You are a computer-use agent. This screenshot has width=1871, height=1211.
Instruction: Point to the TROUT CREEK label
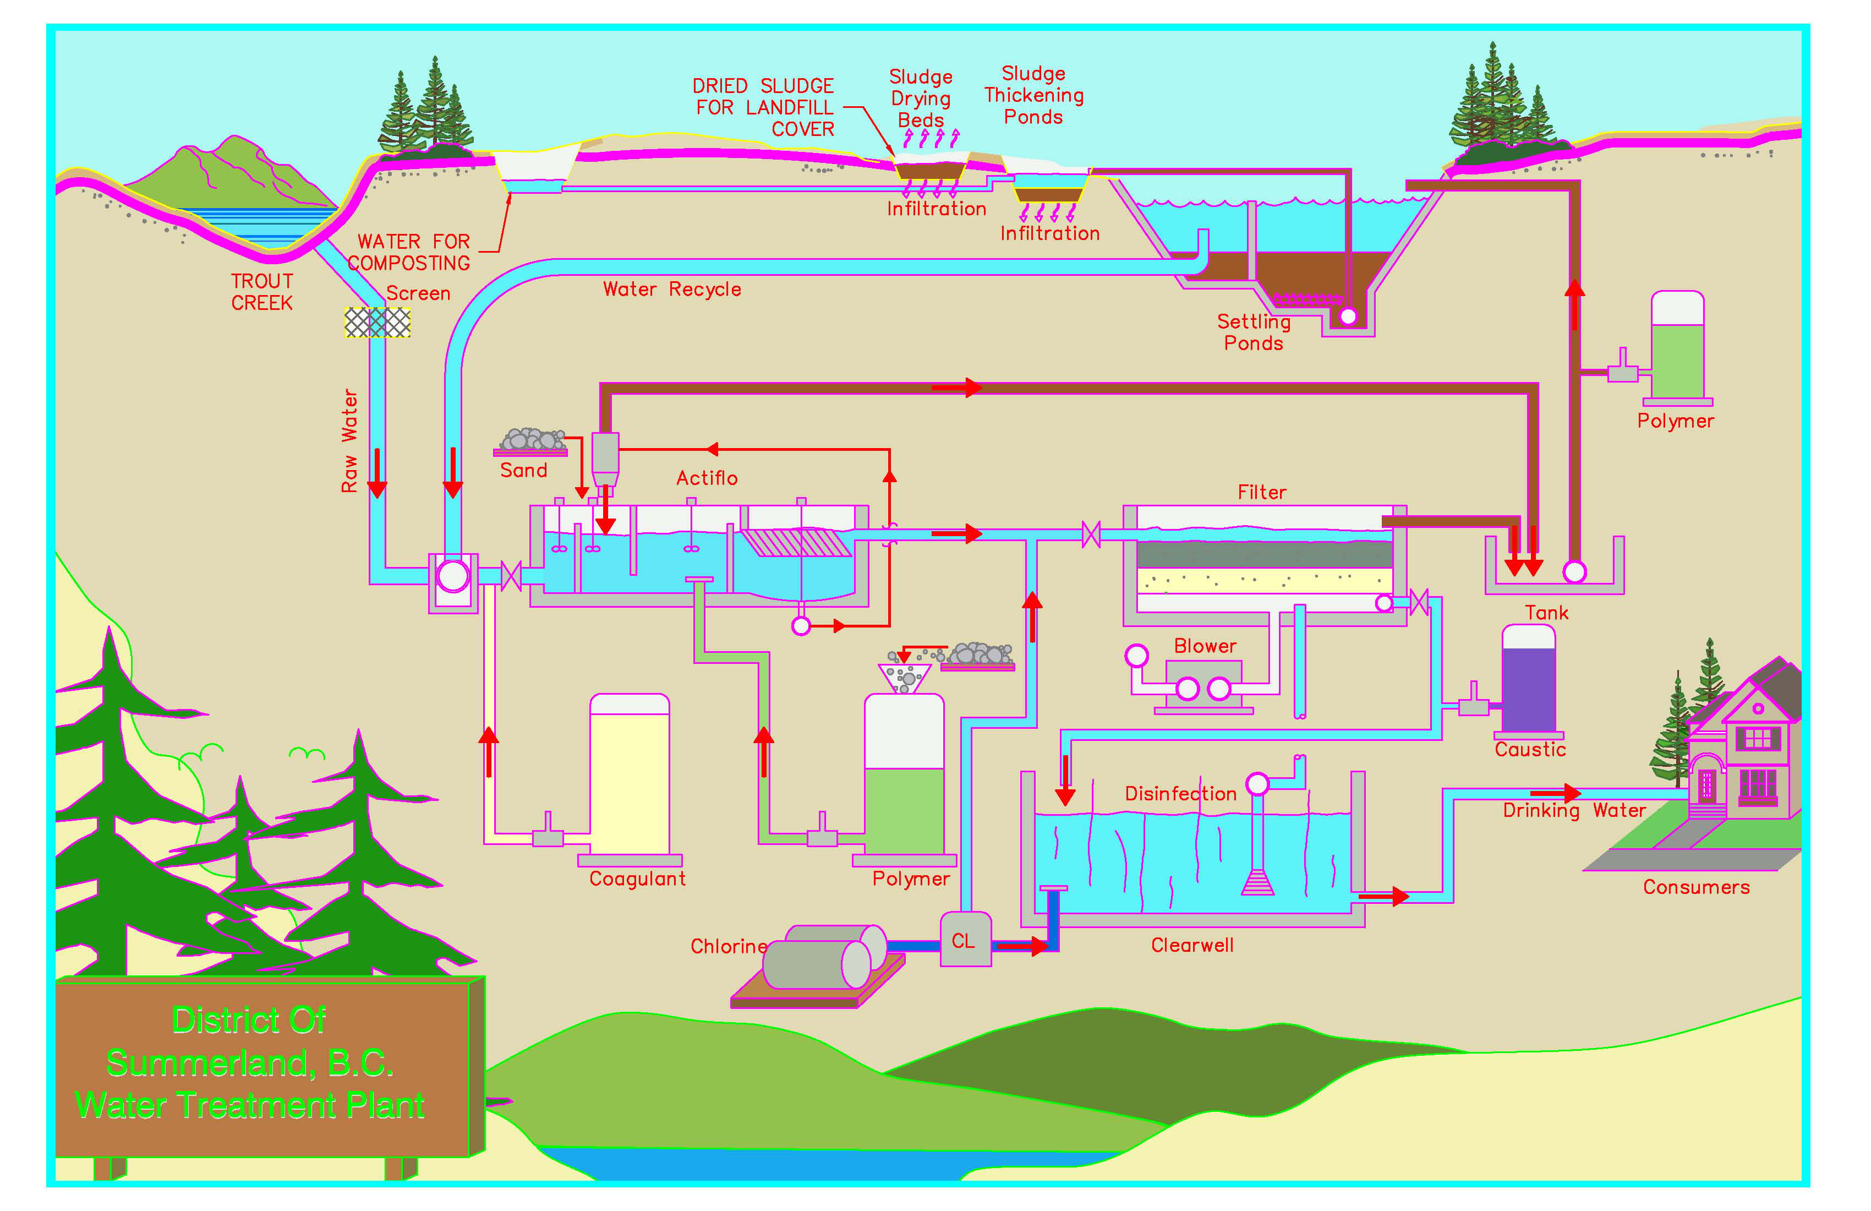[x=262, y=292]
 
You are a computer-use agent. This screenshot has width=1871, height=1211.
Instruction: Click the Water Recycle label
[x=671, y=290]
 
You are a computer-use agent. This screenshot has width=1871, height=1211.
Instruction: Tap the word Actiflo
[x=707, y=478]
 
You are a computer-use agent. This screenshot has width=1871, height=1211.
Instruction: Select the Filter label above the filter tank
[x=1262, y=492]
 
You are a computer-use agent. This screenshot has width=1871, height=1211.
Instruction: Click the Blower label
[x=1205, y=646]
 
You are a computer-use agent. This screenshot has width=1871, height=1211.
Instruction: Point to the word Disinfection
[x=1180, y=793]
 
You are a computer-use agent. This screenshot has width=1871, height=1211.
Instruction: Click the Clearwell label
[x=1192, y=945]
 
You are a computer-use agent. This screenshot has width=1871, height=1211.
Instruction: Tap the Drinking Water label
[x=1574, y=811]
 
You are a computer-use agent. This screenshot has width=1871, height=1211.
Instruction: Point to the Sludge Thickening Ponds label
[x=1034, y=95]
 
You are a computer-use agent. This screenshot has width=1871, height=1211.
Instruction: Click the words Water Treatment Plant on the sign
[x=250, y=1106]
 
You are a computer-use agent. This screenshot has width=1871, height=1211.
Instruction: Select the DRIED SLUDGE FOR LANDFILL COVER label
[x=763, y=107]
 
